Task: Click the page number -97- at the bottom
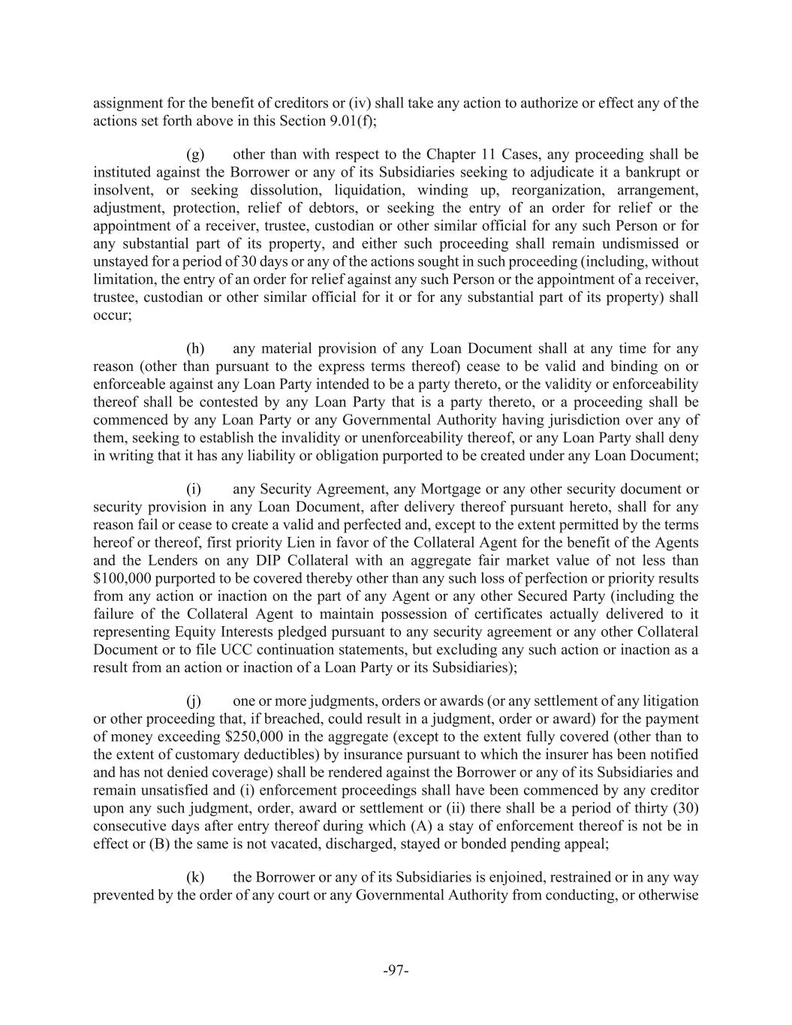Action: [x=396, y=970]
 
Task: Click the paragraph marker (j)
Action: [x=194, y=701]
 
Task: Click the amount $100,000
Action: [x=123, y=579]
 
